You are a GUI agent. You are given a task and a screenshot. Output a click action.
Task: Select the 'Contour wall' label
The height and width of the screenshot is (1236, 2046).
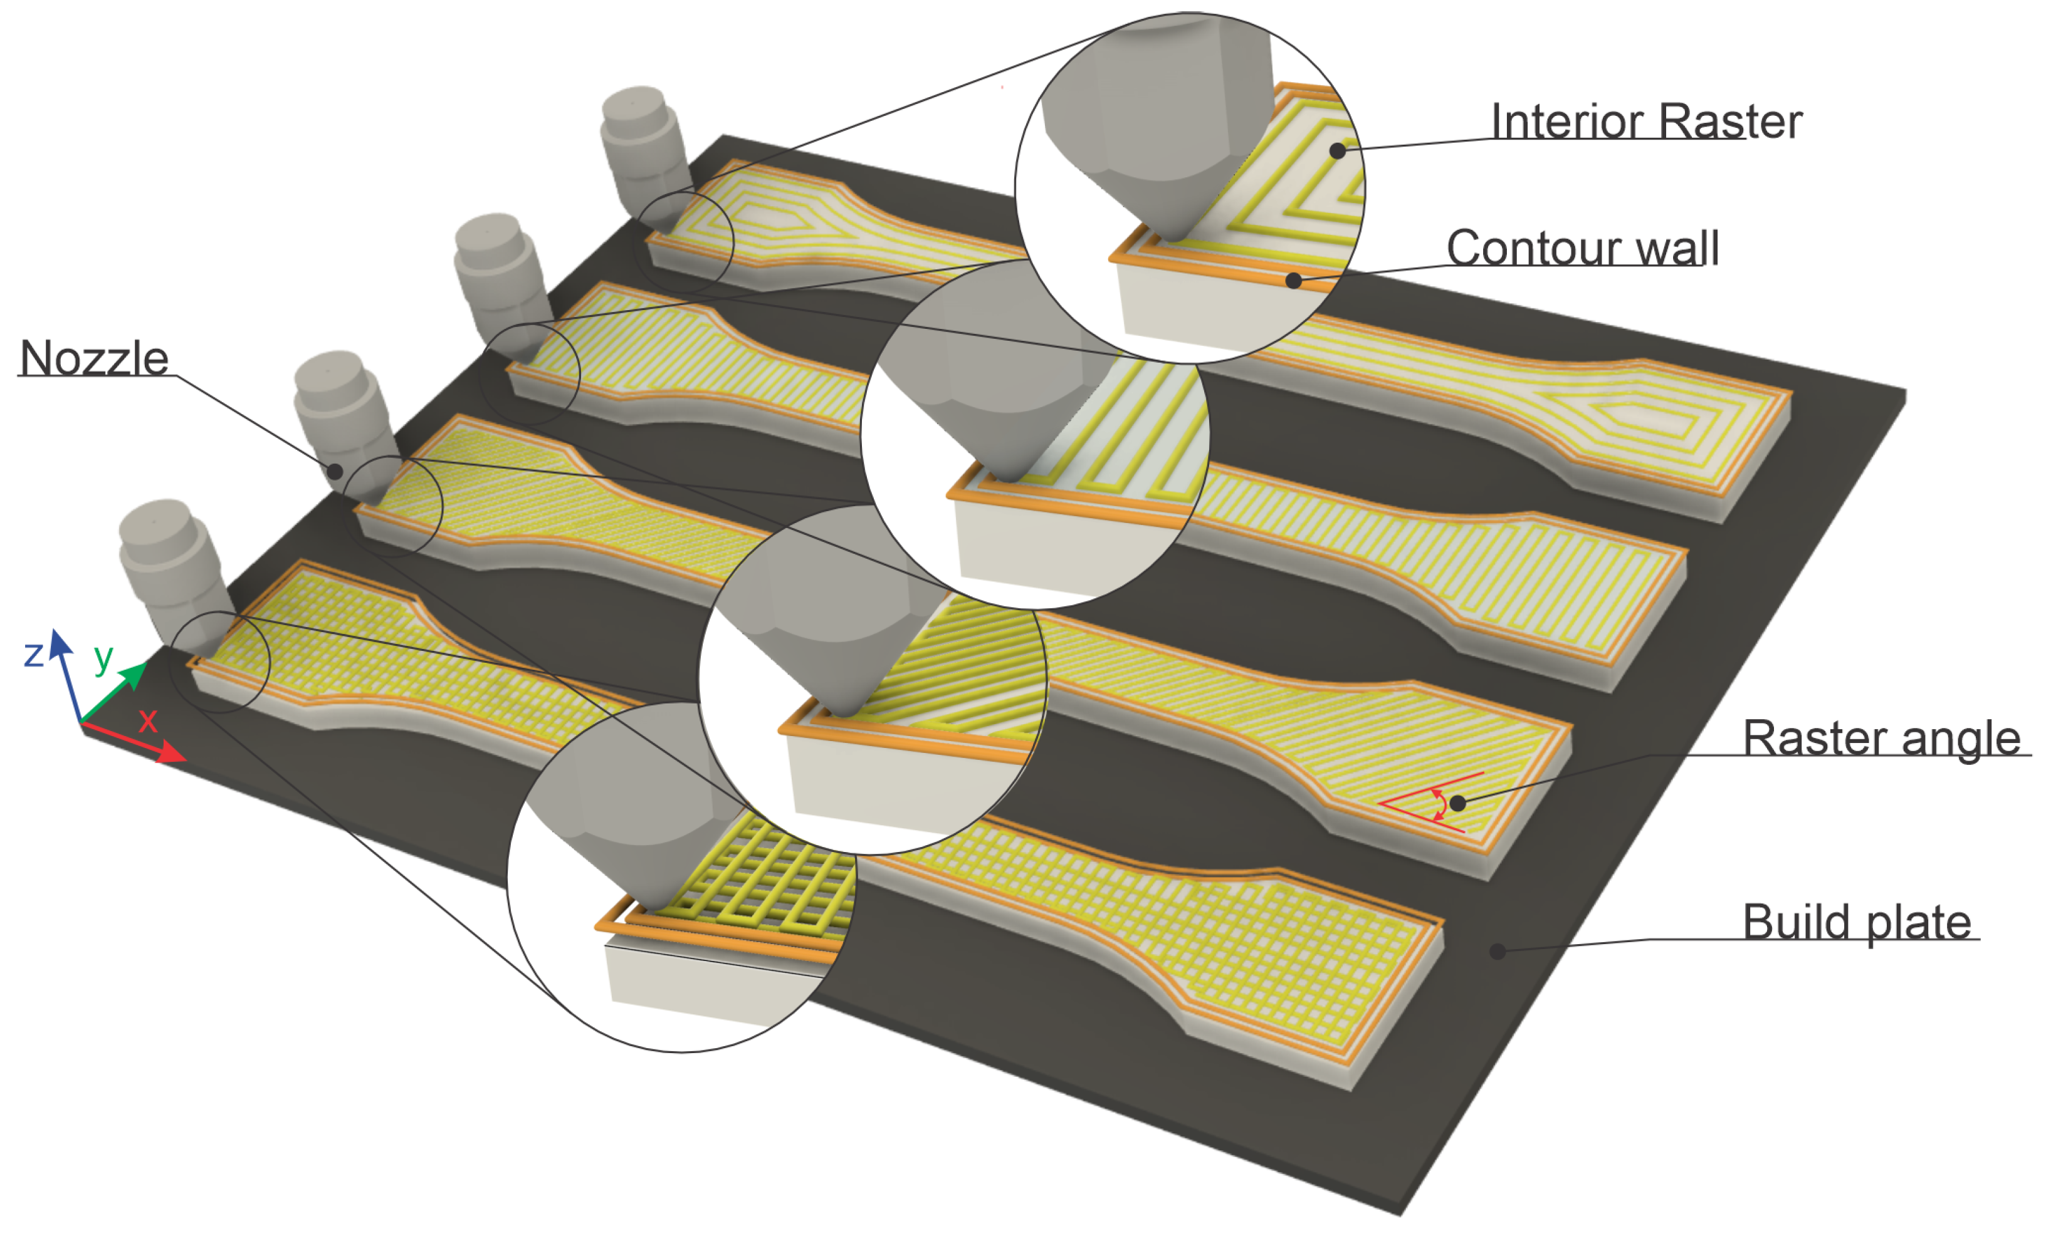(1582, 247)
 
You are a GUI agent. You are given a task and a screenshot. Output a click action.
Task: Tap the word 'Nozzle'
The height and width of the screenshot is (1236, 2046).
(94, 358)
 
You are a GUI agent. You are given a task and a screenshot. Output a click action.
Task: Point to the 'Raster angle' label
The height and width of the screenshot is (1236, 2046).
(1881, 737)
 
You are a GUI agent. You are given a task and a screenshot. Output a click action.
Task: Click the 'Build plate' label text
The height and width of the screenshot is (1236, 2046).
(1857, 922)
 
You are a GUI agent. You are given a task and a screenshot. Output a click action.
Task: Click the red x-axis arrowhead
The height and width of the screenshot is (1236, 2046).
(173, 753)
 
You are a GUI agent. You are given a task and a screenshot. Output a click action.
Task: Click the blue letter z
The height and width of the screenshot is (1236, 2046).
(33, 654)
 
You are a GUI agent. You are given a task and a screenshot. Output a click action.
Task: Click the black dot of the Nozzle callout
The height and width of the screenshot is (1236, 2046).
(335, 472)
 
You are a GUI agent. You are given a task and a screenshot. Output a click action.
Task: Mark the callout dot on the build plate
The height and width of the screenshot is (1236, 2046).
(1497, 952)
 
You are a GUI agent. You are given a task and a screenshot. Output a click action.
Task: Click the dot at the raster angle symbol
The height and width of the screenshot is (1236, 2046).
(1457, 802)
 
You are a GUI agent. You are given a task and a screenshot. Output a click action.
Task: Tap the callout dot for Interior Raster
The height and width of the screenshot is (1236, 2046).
(1337, 150)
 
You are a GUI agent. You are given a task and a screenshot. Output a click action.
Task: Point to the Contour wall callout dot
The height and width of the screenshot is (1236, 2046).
(1293, 281)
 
